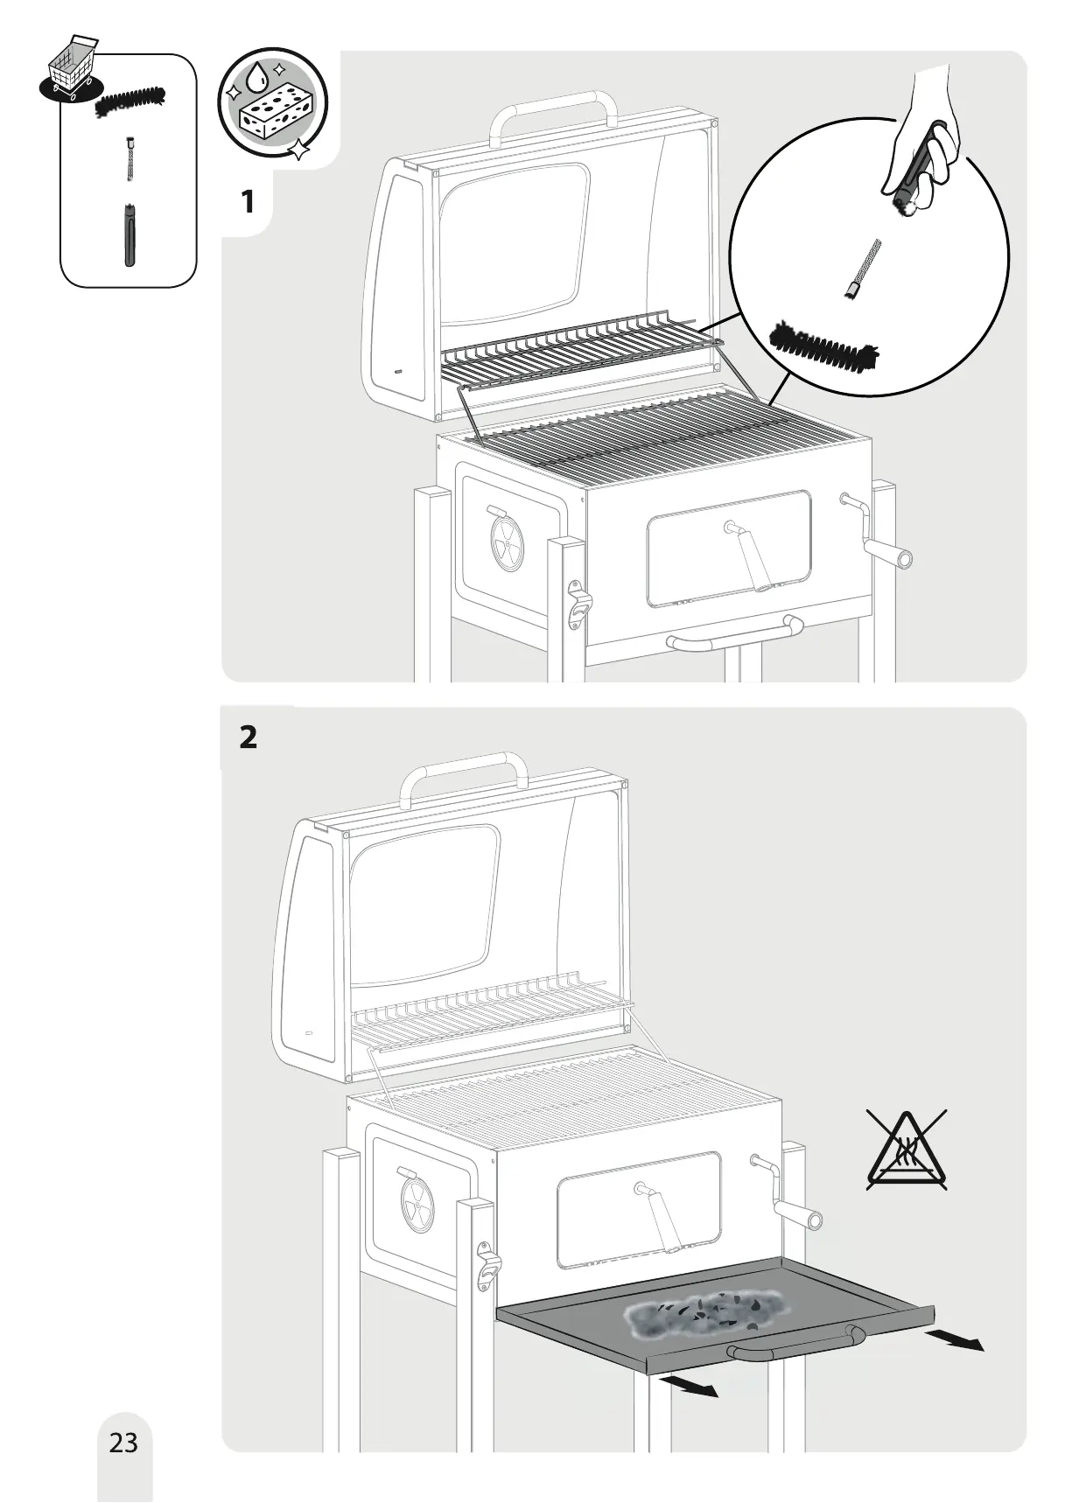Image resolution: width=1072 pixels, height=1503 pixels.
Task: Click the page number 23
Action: tap(123, 1442)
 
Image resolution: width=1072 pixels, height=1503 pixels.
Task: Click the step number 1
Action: tap(248, 202)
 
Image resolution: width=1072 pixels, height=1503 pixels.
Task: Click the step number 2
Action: tap(248, 738)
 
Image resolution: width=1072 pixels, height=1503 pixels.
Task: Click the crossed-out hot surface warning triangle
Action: tap(907, 1150)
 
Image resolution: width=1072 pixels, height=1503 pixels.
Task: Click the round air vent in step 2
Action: tap(417, 1212)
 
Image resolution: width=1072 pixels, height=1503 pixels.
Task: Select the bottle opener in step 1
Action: tap(578, 605)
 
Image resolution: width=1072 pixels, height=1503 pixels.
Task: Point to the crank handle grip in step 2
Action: tap(799, 1215)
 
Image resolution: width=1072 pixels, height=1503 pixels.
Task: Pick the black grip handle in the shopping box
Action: tap(130, 234)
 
